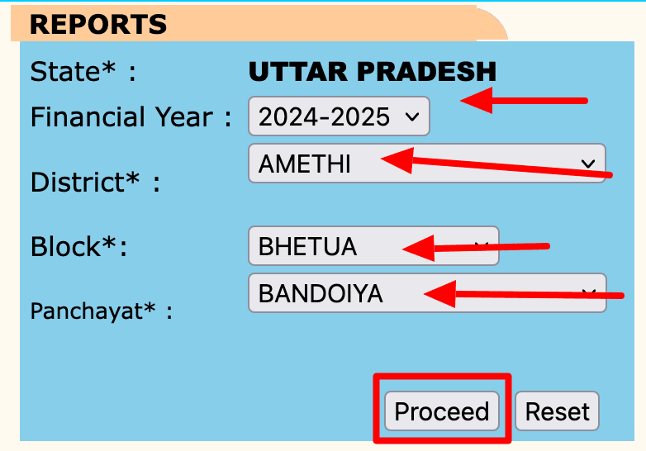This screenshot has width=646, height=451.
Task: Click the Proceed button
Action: (441, 411)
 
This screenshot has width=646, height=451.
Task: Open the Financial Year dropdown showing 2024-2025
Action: (338, 116)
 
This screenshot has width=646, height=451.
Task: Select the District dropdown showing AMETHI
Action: (426, 164)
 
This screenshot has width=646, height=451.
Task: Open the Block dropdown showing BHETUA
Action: (373, 246)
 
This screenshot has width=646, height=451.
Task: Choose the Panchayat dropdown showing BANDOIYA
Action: (426, 293)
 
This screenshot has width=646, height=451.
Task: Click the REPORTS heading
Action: (98, 24)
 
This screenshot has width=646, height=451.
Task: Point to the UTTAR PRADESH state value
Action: (373, 72)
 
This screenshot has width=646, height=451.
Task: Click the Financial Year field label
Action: (131, 117)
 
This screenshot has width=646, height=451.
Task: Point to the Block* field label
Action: (78, 246)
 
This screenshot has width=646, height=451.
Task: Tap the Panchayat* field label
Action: (102, 311)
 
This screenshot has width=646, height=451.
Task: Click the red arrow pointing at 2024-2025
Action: (523, 102)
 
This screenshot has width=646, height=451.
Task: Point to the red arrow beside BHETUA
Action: (475, 246)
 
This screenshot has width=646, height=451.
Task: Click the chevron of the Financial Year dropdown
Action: (411, 117)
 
